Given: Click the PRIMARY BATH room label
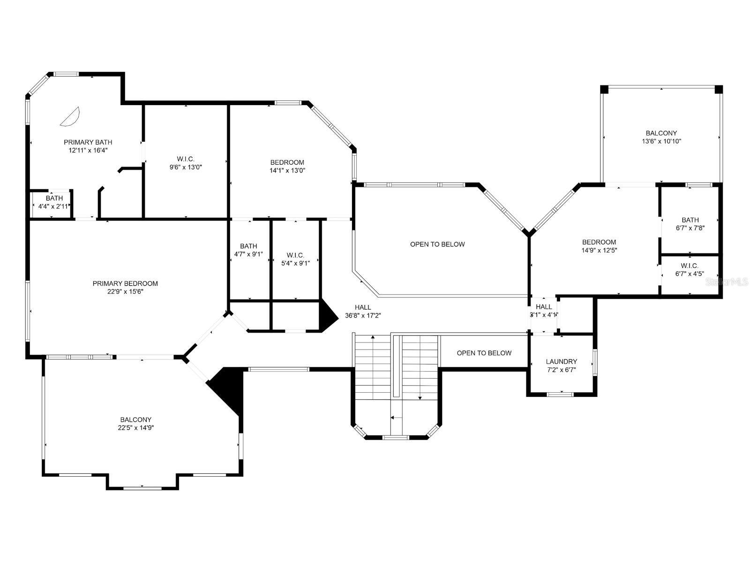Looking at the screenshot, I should (88, 142).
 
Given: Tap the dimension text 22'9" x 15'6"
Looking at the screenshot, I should (125, 291).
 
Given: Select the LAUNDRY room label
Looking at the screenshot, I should (561, 362).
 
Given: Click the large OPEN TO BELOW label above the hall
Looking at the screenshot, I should (437, 244).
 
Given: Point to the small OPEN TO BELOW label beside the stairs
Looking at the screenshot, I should (484, 353).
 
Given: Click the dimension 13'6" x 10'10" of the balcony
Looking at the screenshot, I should (661, 141).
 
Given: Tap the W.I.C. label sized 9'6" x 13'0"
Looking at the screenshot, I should (186, 159).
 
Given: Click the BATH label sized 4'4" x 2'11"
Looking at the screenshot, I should (54, 198).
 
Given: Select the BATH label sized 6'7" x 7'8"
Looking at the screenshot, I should (690, 220).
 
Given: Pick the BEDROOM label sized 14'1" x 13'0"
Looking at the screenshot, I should (287, 162).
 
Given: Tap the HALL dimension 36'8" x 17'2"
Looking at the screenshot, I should (363, 316).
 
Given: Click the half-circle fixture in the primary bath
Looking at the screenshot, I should (71, 116).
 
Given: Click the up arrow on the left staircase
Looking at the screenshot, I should (373, 337).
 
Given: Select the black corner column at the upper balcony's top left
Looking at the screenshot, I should (605, 89).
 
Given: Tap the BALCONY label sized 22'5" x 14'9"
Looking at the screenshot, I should (136, 419).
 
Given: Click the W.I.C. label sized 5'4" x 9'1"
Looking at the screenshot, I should (295, 255).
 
